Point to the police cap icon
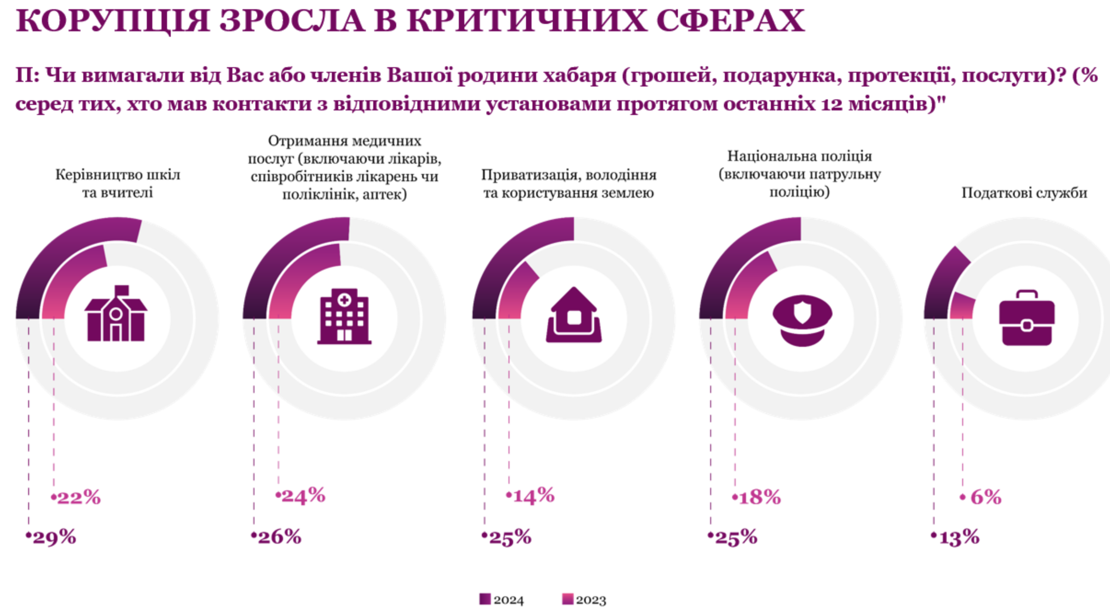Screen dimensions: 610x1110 pos(802,320)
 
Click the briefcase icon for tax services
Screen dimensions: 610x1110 pos(1027,318)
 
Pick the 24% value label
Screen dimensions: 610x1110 pos(303,495)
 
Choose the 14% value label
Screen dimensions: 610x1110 pos(533,496)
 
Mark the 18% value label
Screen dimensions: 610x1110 pos(759,497)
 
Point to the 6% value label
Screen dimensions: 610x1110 pos(985,497)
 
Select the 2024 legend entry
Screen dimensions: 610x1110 pos(502,599)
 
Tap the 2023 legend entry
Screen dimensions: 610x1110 pos(585,599)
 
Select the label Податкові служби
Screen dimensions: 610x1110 pos(1024,193)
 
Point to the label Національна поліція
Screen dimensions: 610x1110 pos(799,156)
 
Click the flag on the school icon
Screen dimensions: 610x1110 pos(121,290)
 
